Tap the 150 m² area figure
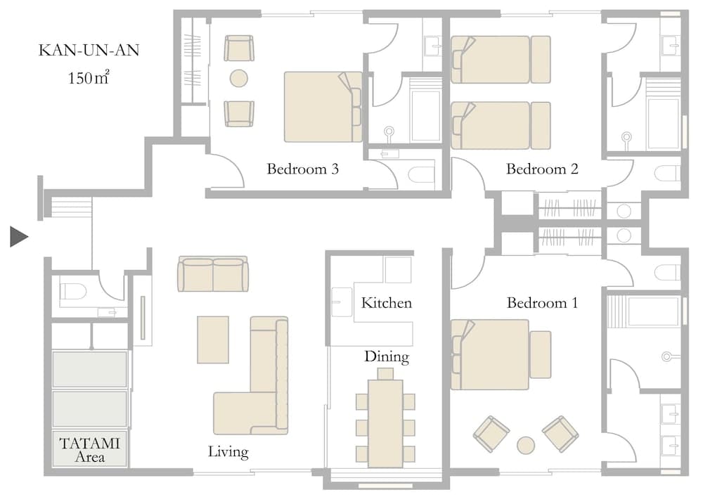point(88,77)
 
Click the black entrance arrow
point(19,237)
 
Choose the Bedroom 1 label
point(542,303)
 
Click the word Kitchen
point(386,303)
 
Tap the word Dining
point(386,356)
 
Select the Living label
point(228,451)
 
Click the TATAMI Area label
point(89,450)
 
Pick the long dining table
point(385,422)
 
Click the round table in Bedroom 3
point(239,78)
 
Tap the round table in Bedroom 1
point(525,445)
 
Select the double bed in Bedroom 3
point(322,106)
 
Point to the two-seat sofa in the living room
point(212,274)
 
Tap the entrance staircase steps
point(68,207)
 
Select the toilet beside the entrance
point(72,290)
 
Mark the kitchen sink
point(342,301)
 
